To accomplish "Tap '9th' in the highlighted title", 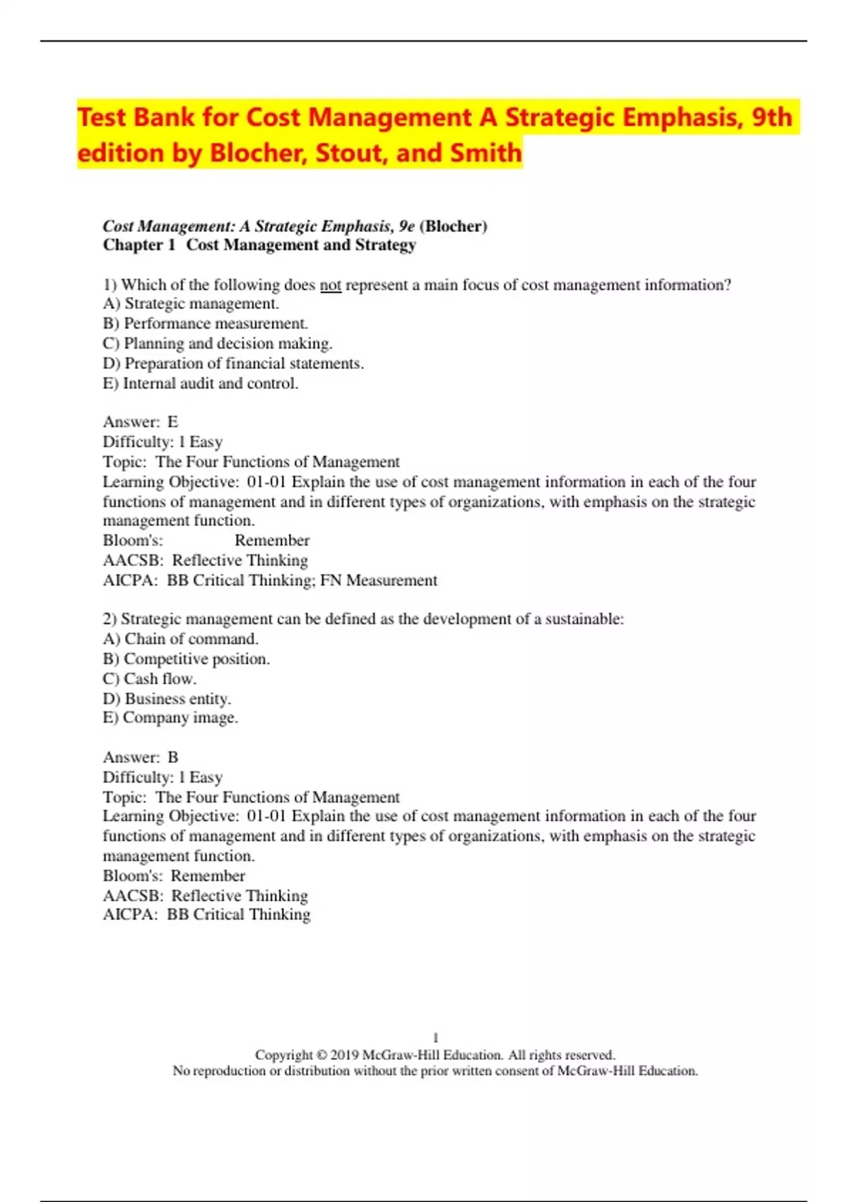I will click(x=771, y=117).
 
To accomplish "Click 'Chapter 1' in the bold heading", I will click(x=139, y=245).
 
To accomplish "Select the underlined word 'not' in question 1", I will click(x=330, y=285).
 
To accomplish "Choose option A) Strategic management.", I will click(x=191, y=304).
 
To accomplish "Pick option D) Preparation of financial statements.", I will click(x=233, y=363).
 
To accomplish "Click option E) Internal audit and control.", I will click(x=201, y=383).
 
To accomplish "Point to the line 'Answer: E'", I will click(x=141, y=422).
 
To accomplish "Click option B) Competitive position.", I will click(x=187, y=659).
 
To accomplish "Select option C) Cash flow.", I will click(x=150, y=679).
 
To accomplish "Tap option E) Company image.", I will click(x=170, y=718).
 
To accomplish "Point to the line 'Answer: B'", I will click(x=141, y=757).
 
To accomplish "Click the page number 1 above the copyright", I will click(x=435, y=1038).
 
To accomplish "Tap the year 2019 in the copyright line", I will click(x=344, y=1055).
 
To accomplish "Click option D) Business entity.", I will click(x=167, y=699).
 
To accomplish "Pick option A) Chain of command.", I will click(x=181, y=639).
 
